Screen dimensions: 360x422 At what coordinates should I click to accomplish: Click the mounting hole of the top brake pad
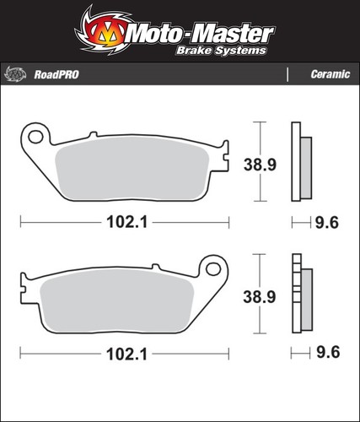point(35,137)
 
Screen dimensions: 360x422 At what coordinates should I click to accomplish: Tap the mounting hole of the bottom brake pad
point(213,269)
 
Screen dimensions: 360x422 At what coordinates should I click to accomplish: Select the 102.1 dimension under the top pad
point(127,223)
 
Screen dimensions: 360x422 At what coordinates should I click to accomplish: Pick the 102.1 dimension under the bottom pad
point(127,354)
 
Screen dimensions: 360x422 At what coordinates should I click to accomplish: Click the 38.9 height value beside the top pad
point(260,165)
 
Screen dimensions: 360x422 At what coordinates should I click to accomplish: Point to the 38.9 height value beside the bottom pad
point(260,297)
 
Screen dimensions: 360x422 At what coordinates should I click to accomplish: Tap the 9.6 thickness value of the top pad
point(327,223)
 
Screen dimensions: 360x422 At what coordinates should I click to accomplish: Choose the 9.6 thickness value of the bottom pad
point(328,352)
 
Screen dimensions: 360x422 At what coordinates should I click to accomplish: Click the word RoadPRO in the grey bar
point(56,75)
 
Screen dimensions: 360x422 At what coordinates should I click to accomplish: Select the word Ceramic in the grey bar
point(330,74)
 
